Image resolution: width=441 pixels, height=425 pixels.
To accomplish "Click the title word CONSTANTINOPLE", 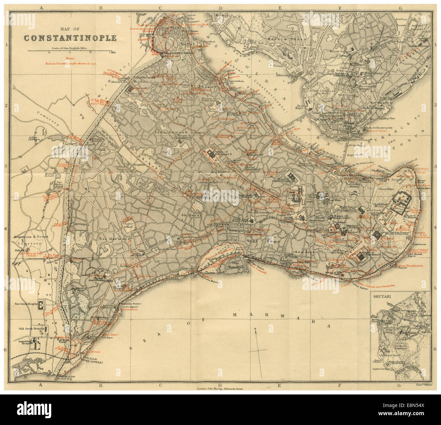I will tap(70, 38).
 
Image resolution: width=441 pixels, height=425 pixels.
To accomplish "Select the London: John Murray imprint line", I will tap(220, 390).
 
